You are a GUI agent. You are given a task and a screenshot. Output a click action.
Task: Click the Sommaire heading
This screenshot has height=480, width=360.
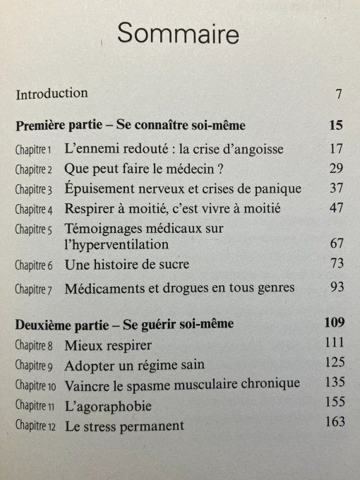(x=179, y=33)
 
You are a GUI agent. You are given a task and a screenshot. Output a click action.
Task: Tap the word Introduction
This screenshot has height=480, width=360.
(x=52, y=93)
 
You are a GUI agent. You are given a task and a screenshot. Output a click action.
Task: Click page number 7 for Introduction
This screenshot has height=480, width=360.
(x=339, y=94)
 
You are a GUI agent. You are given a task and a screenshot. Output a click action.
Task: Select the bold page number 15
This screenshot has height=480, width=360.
(x=335, y=126)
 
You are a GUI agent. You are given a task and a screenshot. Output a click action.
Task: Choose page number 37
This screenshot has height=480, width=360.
(x=335, y=188)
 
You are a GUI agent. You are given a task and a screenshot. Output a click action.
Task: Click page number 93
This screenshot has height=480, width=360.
(x=335, y=287)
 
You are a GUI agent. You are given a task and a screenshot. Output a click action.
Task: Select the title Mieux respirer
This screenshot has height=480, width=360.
(x=108, y=347)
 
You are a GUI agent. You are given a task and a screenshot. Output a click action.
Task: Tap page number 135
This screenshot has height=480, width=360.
(x=333, y=383)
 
